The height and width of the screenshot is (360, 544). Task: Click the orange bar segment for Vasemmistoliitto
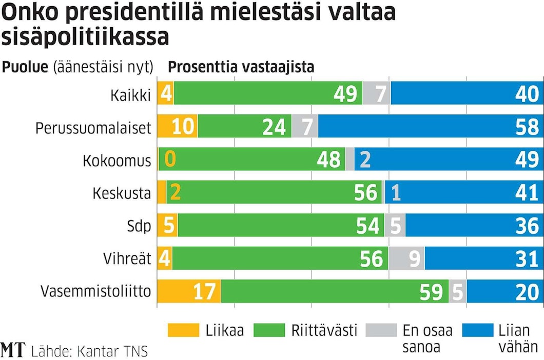(189, 292)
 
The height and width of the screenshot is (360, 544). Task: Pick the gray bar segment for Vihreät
(406, 259)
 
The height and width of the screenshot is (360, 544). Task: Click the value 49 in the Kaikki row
(345, 94)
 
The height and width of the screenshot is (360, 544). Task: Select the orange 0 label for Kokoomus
(170, 160)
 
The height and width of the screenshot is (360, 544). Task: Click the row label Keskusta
(122, 193)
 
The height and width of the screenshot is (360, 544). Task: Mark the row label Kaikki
(130, 95)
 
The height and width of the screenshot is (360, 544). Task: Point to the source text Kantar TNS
(112, 351)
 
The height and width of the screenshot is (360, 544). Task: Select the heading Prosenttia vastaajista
(241, 67)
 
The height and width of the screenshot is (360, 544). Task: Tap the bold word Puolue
(26, 67)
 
